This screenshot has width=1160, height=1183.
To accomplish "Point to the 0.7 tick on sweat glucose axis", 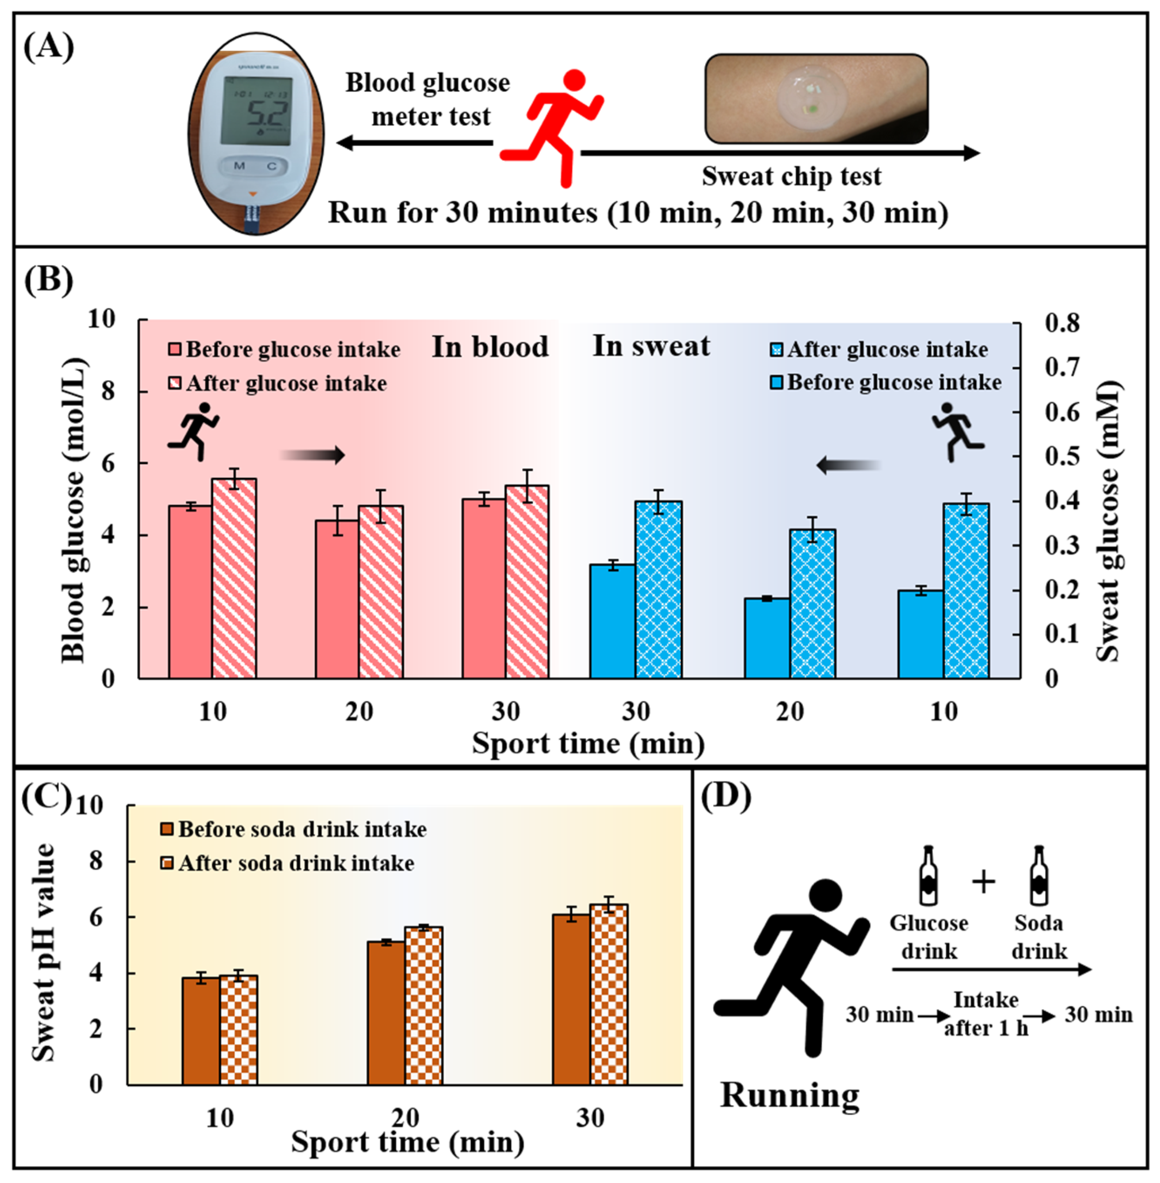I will coord(1062,367).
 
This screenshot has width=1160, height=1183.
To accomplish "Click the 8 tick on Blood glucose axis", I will coord(108,391).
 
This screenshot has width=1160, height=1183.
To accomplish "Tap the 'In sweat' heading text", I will coord(651,346).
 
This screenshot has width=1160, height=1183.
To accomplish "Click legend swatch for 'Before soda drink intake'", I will coord(168,829).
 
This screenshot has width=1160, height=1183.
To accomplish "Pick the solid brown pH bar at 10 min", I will coord(201,1031).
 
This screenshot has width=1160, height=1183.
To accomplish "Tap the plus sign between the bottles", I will coord(983,882).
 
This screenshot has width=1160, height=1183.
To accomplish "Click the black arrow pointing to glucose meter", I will coord(414,143).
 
